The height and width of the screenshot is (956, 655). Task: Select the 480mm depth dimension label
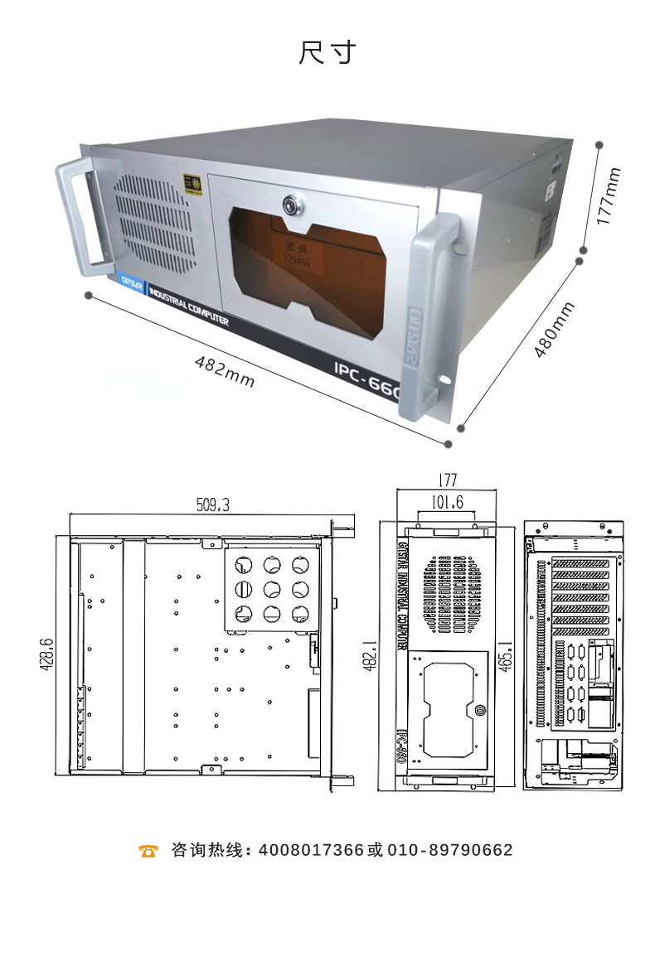pyautogui.click(x=554, y=329)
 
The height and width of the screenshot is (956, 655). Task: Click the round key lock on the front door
pyautogui.click(x=292, y=205)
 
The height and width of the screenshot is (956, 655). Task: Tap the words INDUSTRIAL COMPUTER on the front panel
pyautogui.click(x=188, y=307)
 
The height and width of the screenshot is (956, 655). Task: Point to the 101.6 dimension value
pyautogui.click(x=448, y=502)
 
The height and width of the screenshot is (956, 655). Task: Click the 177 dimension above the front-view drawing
pyautogui.click(x=447, y=480)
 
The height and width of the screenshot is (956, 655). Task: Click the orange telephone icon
pyautogui.click(x=148, y=851)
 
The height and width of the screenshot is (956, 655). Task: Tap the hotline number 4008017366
pyautogui.click(x=311, y=851)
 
